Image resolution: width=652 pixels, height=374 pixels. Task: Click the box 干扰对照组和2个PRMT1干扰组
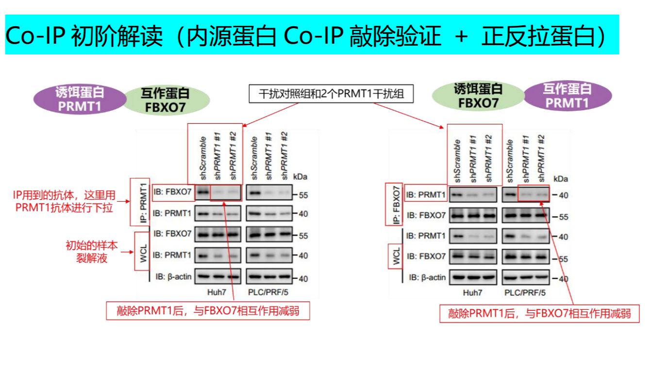coord(332,94)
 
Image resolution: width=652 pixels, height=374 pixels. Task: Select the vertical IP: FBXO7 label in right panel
coord(394,204)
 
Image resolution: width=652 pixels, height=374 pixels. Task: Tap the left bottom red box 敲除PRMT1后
coord(208,311)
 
